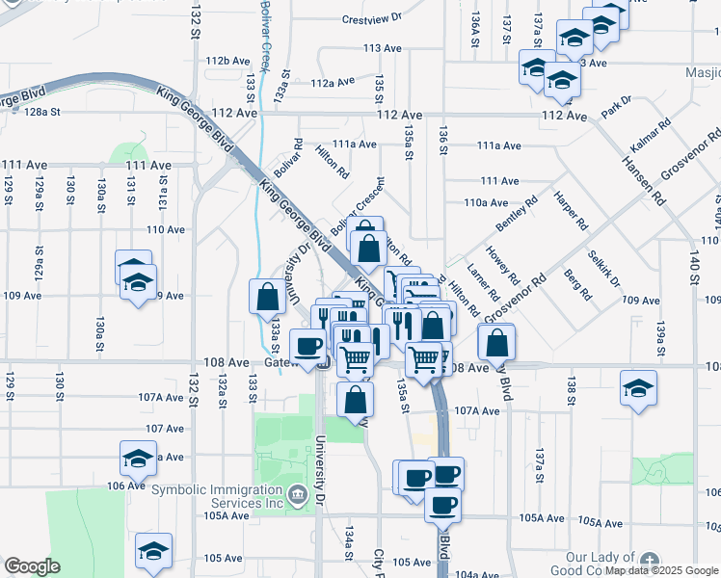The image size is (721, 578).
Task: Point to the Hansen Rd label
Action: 645,174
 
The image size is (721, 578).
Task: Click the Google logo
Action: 32,566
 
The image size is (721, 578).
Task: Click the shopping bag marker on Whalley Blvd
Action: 495,342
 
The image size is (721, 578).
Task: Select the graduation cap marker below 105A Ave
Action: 153,551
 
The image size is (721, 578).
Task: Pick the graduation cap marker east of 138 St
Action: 638,388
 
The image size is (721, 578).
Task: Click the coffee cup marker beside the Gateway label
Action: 307,346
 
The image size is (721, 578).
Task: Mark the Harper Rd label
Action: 570,211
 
